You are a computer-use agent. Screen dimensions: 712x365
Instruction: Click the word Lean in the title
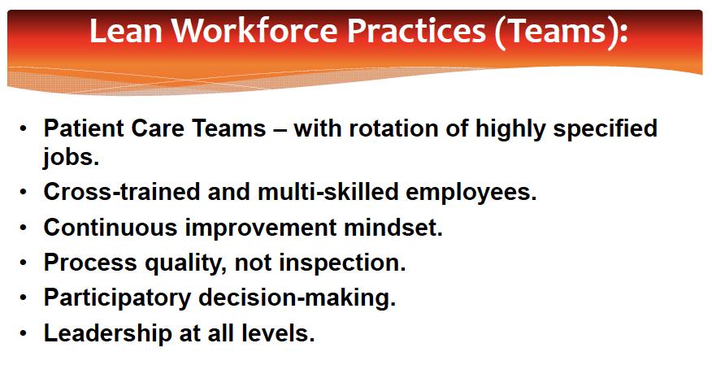pyautogui.click(x=126, y=30)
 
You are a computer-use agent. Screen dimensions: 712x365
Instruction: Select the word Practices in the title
pyautogui.click(x=416, y=30)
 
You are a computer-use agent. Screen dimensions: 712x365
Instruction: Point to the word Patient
pyautogui.click(x=84, y=128)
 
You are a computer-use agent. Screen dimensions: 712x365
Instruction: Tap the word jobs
pyautogui.click(x=72, y=158)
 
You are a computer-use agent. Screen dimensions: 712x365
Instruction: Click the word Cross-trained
pyautogui.click(x=122, y=192)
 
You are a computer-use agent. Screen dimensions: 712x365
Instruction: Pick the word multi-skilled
pyautogui.click(x=328, y=192)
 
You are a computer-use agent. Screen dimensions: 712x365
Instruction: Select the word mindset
pyautogui.click(x=393, y=227)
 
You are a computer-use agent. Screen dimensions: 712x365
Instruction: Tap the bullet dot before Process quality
pyautogui.click(x=23, y=263)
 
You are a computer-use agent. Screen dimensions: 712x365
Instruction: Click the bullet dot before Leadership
pyautogui.click(x=23, y=333)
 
